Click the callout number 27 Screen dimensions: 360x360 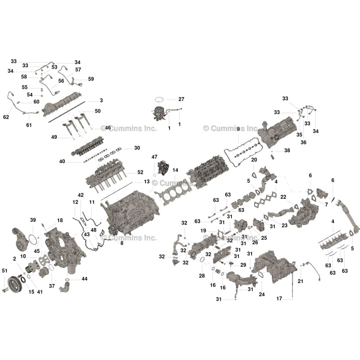click(181, 99)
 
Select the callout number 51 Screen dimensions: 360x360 click(5, 271)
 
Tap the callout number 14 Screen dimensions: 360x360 click(175, 170)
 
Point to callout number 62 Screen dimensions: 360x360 click(6, 117)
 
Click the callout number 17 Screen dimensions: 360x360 click(279, 298)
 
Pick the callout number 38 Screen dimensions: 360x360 click(287, 150)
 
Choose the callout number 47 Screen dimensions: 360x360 click(154, 157)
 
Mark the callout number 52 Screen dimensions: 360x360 click(140, 172)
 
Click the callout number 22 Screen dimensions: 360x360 click(283, 197)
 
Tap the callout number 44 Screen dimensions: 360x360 click(85, 279)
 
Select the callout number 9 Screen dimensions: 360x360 click(238, 129)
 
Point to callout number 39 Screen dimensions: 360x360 click(33, 220)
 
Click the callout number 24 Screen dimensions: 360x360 click(262, 294)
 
